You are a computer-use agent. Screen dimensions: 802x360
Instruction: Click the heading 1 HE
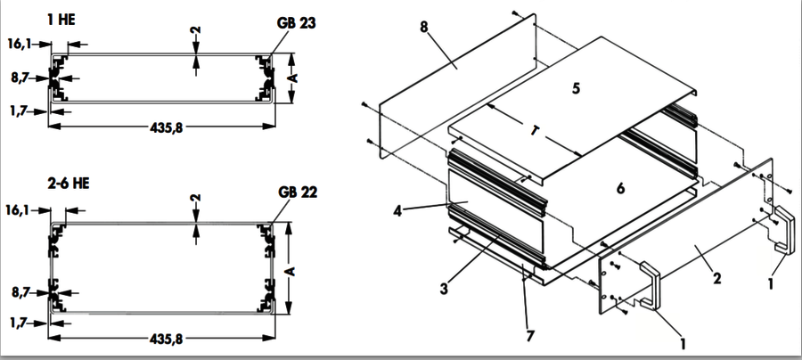coord(61,20)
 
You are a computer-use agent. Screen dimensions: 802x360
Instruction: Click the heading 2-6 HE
coord(68,183)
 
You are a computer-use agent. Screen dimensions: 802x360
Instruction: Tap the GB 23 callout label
coord(296,23)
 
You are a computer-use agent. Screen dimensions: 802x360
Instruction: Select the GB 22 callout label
coord(298,192)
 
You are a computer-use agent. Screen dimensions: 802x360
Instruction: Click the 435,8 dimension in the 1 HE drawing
coord(167,127)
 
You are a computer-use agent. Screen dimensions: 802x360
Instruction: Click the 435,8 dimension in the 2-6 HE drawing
coord(167,339)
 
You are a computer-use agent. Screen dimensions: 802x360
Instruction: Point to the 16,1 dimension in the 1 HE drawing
coord(20,44)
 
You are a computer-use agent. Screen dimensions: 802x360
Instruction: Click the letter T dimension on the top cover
coord(535,131)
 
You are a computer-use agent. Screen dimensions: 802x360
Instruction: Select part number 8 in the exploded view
coord(424,27)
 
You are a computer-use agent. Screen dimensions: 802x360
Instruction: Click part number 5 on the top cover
coord(576,88)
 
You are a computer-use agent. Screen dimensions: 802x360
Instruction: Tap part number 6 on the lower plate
coord(620,188)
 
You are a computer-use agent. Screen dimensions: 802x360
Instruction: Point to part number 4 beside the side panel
coord(397,209)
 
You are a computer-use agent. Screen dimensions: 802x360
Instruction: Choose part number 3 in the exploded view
coord(444,289)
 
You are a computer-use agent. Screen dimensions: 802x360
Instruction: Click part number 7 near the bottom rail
coord(530,336)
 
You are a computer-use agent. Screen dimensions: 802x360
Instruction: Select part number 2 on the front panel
coord(717,279)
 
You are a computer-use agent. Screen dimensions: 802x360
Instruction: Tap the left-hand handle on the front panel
coord(650,285)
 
